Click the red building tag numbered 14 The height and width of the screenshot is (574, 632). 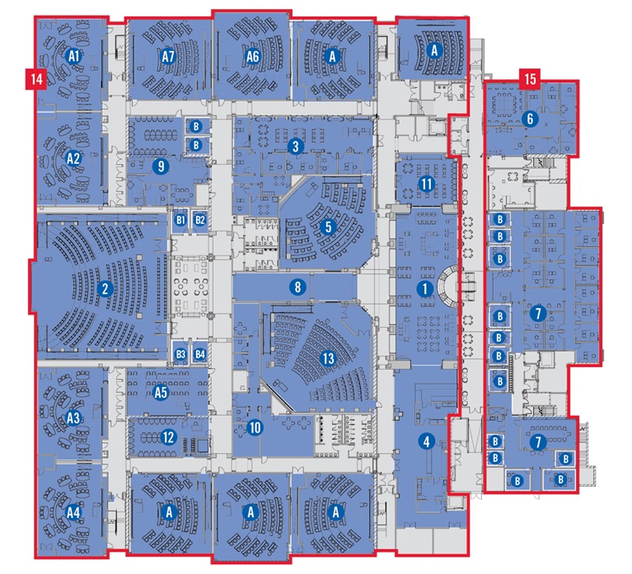click(x=36, y=78)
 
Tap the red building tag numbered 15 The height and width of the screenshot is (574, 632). click(x=530, y=78)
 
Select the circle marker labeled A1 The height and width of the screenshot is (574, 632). click(x=73, y=56)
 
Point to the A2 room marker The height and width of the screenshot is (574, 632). click(x=73, y=158)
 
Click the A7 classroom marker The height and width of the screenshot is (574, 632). click(x=168, y=56)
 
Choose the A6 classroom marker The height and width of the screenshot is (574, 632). click(x=252, y=56)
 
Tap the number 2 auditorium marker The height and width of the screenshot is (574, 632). click(x=105, y=288)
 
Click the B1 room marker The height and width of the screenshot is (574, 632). click(x=180, y=220)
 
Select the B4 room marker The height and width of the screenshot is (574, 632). click(x=200, y=354)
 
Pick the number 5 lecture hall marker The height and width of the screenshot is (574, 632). click(x=328, y=226)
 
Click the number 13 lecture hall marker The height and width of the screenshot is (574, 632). click(x=329, y=358)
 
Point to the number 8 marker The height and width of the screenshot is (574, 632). click(x=297, y=287)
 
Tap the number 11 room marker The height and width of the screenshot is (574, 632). click(x=427, y=184)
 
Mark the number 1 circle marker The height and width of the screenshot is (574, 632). click(x=425, y=288)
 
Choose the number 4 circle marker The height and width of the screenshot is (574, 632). click(x=427, y=441)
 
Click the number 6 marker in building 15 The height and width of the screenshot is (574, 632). click(x=530, y=119)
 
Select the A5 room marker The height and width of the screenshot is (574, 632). click(x=161, y=392)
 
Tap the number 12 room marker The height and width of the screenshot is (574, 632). click(x=168, y=437)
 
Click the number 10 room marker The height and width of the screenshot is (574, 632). click(x=255, y=427)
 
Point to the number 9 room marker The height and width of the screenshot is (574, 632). click(x=161, y=166)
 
